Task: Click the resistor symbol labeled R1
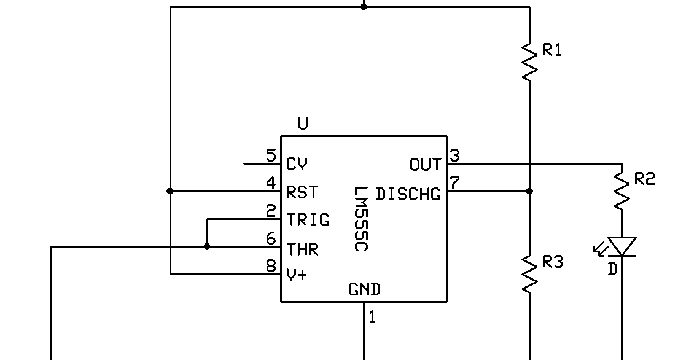(x=529, y=61)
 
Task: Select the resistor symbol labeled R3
(x=529, y=273)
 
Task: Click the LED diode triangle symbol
(x=622, y=246)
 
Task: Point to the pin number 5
(x=271, y=155)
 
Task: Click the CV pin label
(x=297, y=165)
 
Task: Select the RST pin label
(x=302, y=192)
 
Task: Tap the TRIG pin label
(x=308, y=220)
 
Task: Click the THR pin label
(x=302, y=249)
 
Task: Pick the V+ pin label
(x=297, y=275)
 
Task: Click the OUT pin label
(x=425, y=165)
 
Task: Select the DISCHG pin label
(x=408, y=194)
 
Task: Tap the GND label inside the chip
(x=364, y=289)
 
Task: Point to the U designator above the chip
(x=303, y=123)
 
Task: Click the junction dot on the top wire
(x=364, y=7)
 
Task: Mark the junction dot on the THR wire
(x=207, y=246)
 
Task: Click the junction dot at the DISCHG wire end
(x=529, y=191)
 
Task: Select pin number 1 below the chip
(x=372, y=318)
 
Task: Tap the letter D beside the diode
(x=612, y=269)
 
